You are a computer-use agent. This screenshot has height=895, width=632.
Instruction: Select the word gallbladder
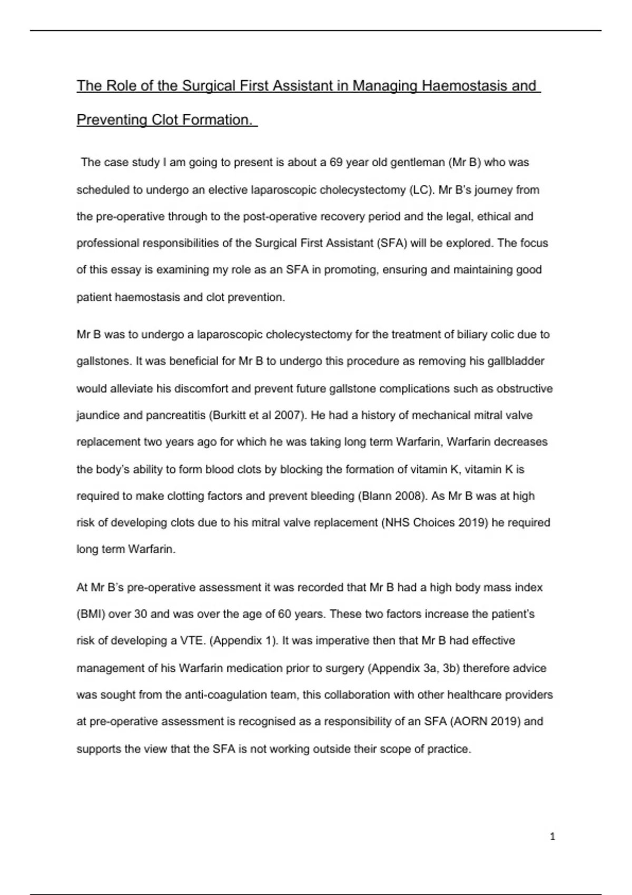(515, 362)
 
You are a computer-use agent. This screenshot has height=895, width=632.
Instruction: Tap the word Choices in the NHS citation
(434, 523)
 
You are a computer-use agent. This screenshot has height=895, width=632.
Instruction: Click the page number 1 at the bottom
(552, 837)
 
